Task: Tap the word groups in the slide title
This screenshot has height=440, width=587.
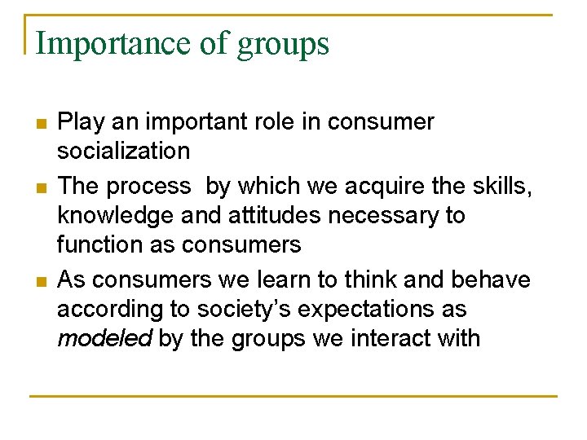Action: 283,43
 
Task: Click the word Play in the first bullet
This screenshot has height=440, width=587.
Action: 78,122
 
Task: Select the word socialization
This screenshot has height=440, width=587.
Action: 123,151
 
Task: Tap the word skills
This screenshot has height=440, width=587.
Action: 506,187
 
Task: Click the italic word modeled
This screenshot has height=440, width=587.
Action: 104,337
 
